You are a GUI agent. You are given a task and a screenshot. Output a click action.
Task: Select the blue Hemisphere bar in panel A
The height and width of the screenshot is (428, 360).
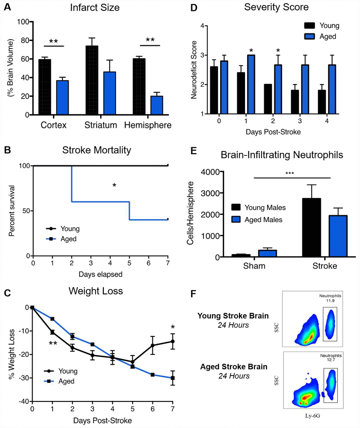157,106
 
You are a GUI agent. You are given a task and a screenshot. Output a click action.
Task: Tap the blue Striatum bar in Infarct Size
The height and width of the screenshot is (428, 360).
109,94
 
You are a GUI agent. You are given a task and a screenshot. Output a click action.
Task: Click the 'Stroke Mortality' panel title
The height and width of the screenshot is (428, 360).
97,150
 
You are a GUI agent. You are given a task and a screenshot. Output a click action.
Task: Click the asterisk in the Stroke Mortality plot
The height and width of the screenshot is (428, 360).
114,185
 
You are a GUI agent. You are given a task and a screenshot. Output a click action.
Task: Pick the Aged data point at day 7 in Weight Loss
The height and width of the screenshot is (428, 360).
173,378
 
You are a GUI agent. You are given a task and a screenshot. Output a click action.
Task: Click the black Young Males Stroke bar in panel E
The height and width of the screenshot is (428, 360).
311,228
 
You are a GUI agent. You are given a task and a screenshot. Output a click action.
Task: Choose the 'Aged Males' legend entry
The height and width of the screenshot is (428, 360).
263,219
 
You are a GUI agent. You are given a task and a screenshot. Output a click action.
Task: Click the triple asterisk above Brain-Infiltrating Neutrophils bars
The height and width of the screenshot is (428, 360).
289,173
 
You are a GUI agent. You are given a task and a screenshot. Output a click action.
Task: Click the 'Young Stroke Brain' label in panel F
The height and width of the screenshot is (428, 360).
233,316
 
